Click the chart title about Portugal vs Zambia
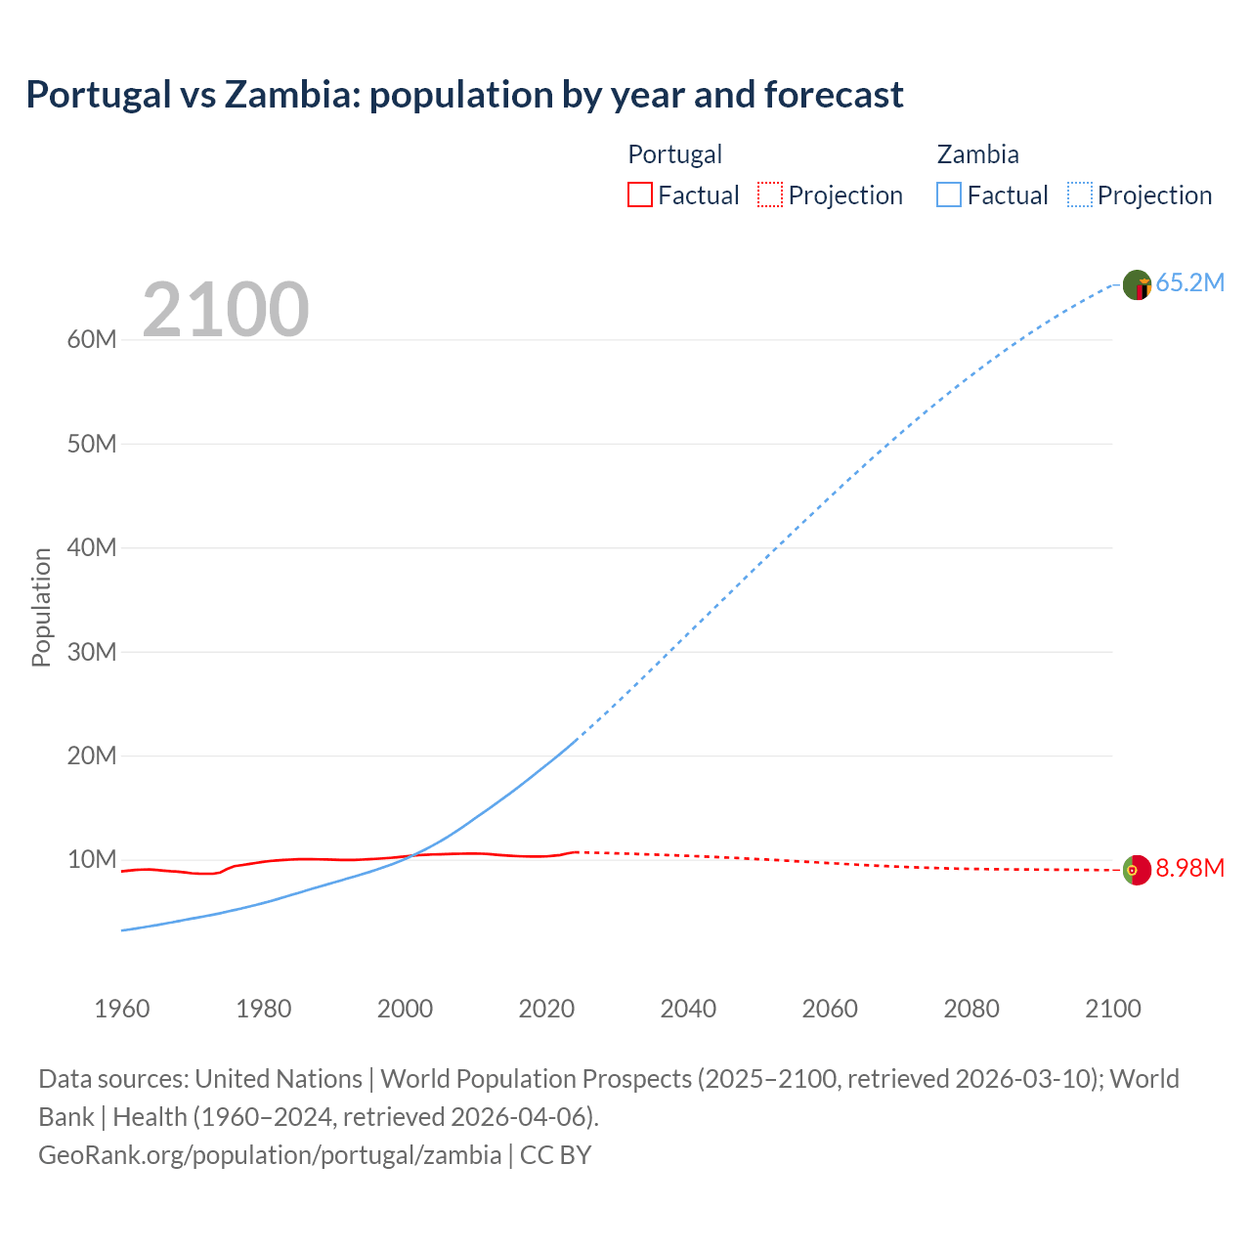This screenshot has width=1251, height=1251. point(464,95)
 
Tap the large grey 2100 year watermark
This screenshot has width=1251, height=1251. point(226,310)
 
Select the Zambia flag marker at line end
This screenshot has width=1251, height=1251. point(1137,284)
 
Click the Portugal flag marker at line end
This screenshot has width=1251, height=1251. point(1137,870)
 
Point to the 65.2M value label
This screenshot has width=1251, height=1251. point(1189,283)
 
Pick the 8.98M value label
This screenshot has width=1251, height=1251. point(1189,869)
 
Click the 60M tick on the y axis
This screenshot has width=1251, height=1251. point(92,340)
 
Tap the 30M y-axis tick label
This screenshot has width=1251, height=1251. point(92,652)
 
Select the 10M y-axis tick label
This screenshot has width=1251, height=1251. point(92,860)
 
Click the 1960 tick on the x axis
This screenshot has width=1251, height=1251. point(122,1009)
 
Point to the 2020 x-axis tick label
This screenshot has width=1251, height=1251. point(546,1009)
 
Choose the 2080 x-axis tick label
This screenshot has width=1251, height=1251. point(971,1009)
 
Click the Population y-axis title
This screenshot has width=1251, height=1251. point(41,607)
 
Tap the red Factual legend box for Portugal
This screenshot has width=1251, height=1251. point(639,195)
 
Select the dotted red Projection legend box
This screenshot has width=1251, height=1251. point(770,195)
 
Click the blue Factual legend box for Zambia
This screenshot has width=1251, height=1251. point(949,195)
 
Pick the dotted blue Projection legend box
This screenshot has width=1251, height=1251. point(1080,195)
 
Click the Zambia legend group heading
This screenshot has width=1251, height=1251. point(977,154)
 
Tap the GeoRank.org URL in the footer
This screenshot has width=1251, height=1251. point(270,1155)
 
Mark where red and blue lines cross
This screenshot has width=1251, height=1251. point(412,855)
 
